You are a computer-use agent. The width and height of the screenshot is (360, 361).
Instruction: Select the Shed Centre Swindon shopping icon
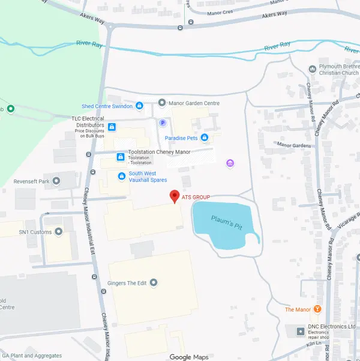click(139, 106)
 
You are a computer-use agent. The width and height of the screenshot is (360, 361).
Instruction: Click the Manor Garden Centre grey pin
click(161, 103)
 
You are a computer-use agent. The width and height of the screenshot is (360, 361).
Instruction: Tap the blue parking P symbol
click(161, 123)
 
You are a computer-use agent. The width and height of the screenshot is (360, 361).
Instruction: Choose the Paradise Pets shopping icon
click(205, 138)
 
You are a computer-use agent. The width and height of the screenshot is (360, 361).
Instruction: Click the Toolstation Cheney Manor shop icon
click(120, 157)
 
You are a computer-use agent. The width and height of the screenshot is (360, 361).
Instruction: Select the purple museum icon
click(229, 163)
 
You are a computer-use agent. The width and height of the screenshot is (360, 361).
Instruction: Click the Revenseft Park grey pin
click(56, 181)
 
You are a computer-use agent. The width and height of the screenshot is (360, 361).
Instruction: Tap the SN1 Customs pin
click(58, 232)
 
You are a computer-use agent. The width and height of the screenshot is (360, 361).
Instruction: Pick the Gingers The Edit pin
click(154, 282)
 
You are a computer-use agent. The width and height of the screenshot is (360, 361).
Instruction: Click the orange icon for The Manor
click(317, 309)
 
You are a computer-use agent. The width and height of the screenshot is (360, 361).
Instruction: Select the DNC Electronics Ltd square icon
click(301, 331)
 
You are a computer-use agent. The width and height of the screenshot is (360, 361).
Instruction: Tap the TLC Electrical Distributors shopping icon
click(112, 127)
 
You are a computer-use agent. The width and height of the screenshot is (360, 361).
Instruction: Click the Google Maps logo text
click(189, 357)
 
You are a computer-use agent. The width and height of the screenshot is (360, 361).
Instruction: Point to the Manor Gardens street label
click(294, 145)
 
